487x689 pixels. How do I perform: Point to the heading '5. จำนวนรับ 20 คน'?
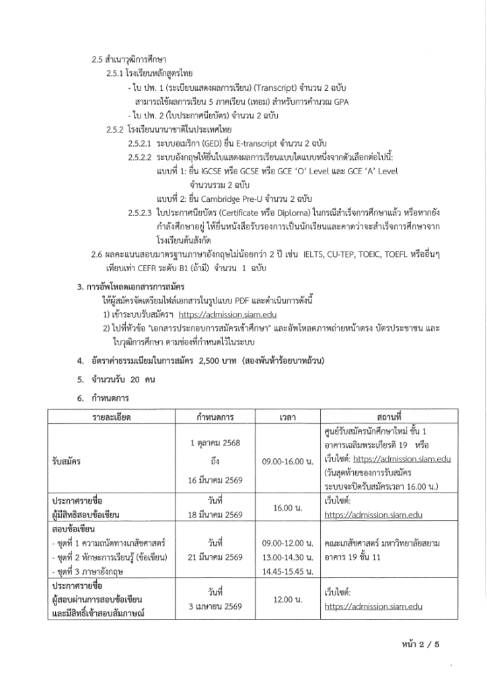[116, 379]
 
